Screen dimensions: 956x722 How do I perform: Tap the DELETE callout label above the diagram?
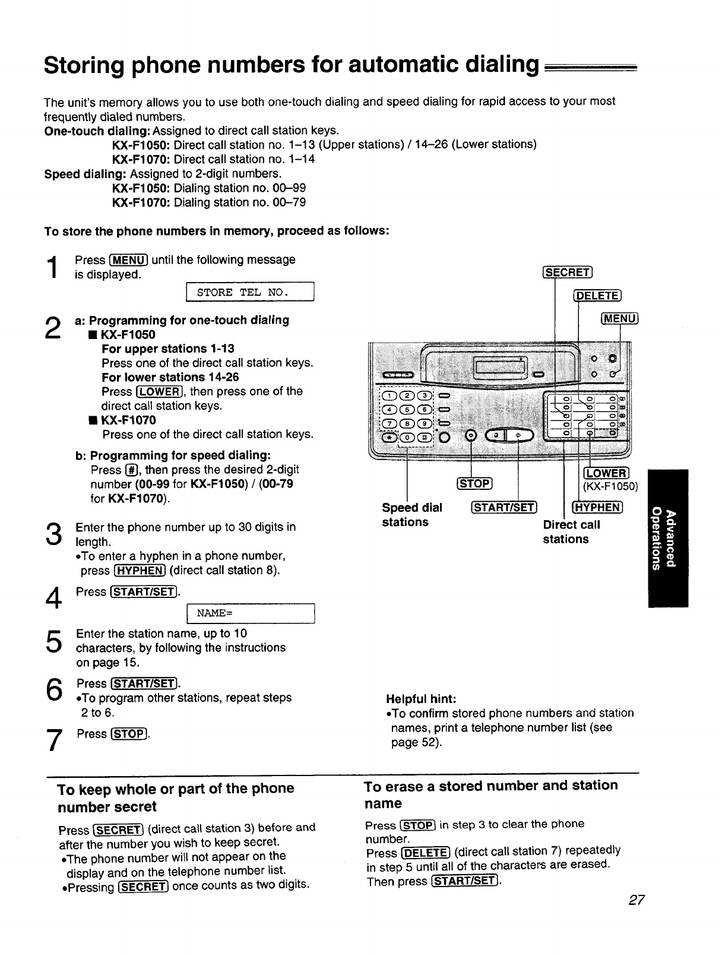(x=597, y=296)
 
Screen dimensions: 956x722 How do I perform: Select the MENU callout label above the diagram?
(x=620, y=319)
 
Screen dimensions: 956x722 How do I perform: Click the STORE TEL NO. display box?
(x=249, y=292)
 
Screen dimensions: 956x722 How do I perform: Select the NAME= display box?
(x=249, y=613)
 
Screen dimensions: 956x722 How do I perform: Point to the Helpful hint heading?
(x=420, y=698)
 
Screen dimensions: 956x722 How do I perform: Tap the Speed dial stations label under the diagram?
(x=411, y=515)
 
